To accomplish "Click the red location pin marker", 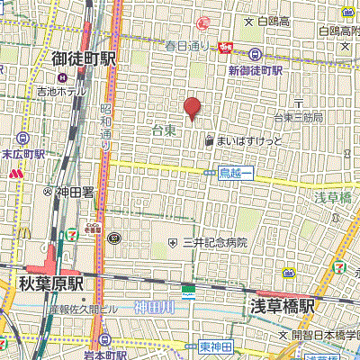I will (x=192, y=108).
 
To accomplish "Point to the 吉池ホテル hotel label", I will (x=60, y=91).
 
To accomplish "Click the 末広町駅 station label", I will (x=22, y=154).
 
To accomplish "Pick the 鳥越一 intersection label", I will (x=237, y=171).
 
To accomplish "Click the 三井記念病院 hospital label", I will (x=213, y=243).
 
